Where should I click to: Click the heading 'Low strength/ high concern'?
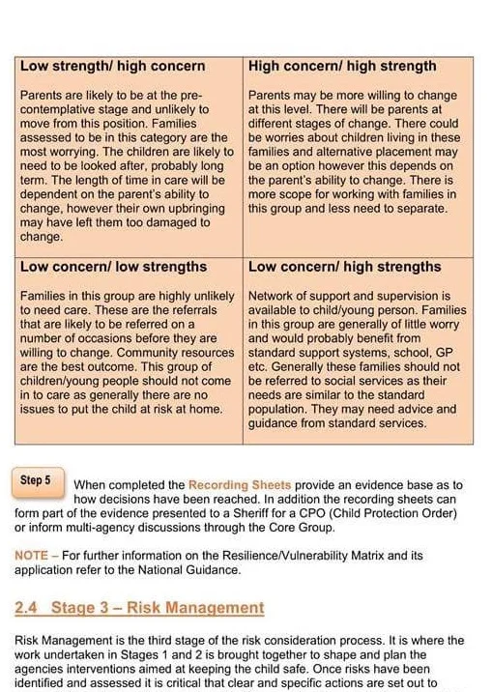[x=112, y=66]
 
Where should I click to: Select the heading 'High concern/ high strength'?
[x=342, y=66]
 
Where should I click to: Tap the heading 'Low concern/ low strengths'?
[x=113, y=266]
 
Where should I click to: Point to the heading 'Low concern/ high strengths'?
[x=344, y=266]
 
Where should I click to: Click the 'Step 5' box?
[x=40, y=479]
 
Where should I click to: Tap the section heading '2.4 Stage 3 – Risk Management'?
[x=139, y=608]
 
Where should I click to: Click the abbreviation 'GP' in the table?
[x=452, y=354]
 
